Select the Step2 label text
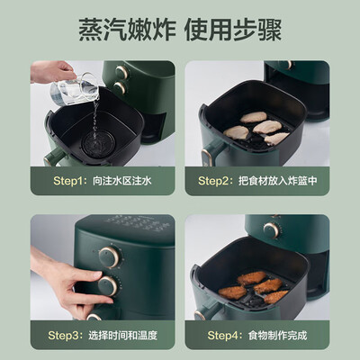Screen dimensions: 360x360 pyautogui.click(x=218, y=181)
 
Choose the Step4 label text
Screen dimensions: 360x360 pyautogui.click(x=218, y=335)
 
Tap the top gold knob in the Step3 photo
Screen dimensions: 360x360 pyautogui.click(x=107, y=257)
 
